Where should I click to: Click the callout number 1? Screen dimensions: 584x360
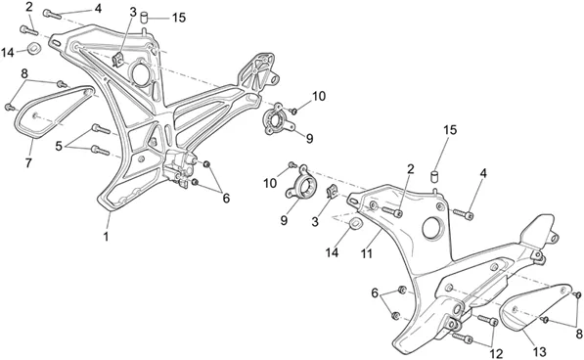[107, 237]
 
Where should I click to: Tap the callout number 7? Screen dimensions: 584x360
[28, 162]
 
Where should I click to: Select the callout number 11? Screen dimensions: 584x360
[367, 254]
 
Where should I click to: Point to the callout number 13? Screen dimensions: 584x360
[539, 352]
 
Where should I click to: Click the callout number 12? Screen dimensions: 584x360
[497, 353]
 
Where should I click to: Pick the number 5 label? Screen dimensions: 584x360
[59, 147]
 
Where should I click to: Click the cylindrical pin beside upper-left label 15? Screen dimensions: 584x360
[144, 18]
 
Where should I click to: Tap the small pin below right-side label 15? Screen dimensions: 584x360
[434, 176]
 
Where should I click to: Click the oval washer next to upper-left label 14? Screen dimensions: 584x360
[34, 48]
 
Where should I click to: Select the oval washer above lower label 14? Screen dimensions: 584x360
[354, 224]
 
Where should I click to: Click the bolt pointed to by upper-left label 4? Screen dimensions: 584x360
[52, 14]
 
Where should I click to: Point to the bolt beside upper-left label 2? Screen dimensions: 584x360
[29, 29]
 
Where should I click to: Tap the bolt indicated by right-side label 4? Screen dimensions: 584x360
[464, 213]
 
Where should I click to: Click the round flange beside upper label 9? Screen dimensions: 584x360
[277, 119]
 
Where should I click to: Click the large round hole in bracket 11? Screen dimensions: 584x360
[432, 226]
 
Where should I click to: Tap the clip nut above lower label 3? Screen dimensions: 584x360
[331, 192]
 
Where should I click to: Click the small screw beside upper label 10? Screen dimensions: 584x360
[293, 111]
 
